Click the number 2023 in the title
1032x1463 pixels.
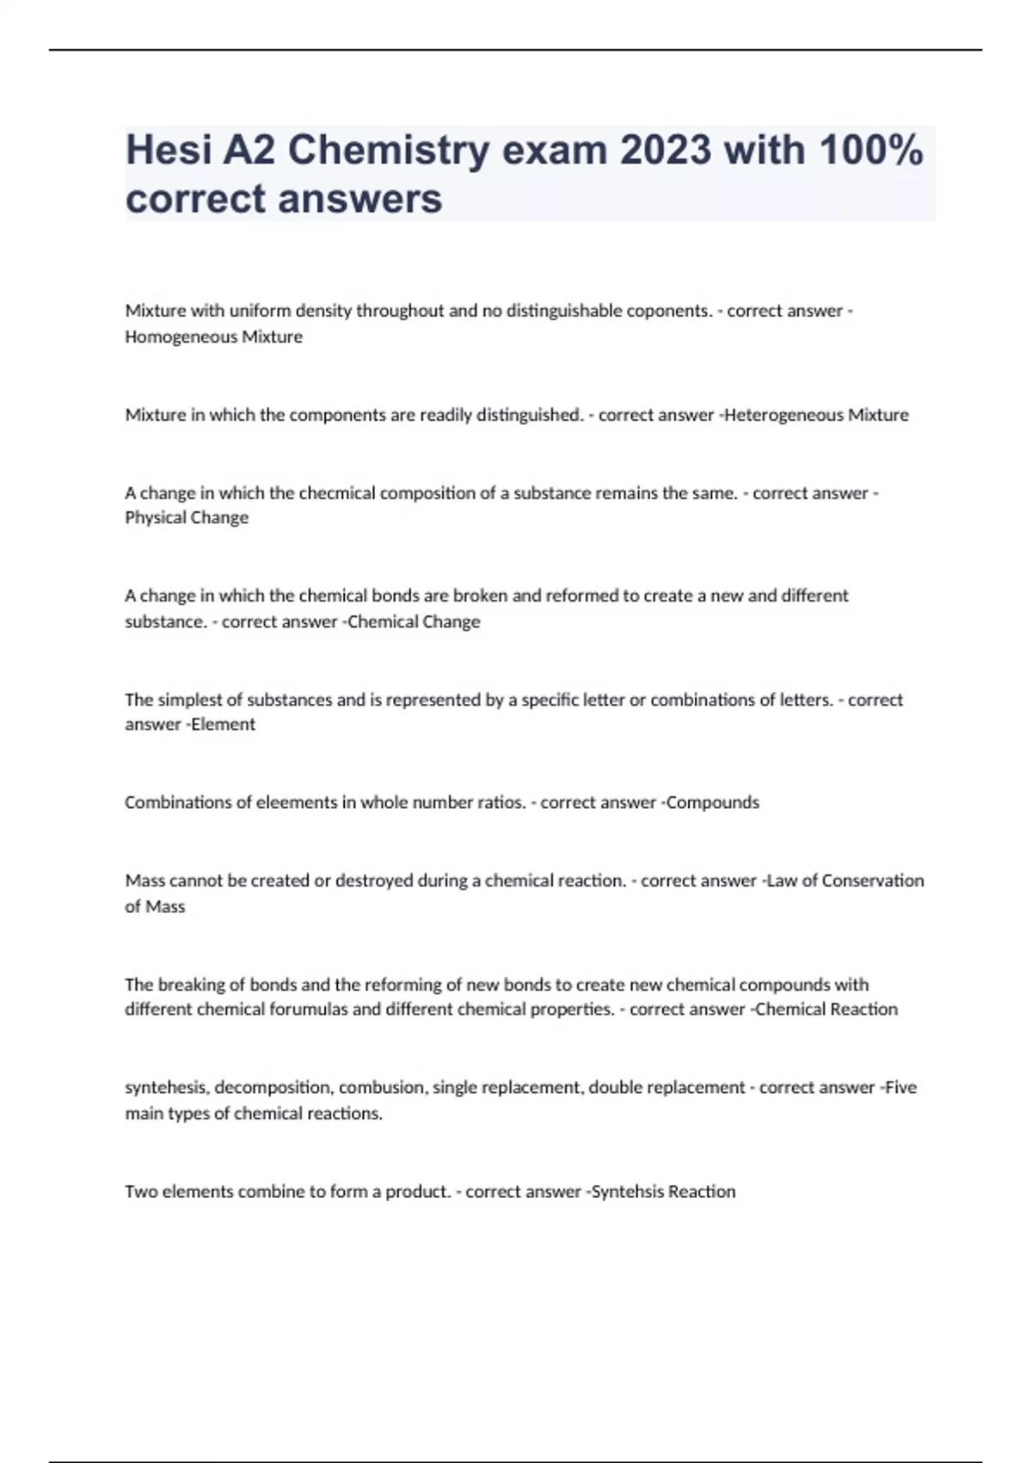[x=665, y=151]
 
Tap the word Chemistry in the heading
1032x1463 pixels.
[x=389, y=151]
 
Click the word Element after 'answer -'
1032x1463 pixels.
[x=224, y=725]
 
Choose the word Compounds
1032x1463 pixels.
[x=713, y=803]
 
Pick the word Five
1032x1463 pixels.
[x=901, y=1088]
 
